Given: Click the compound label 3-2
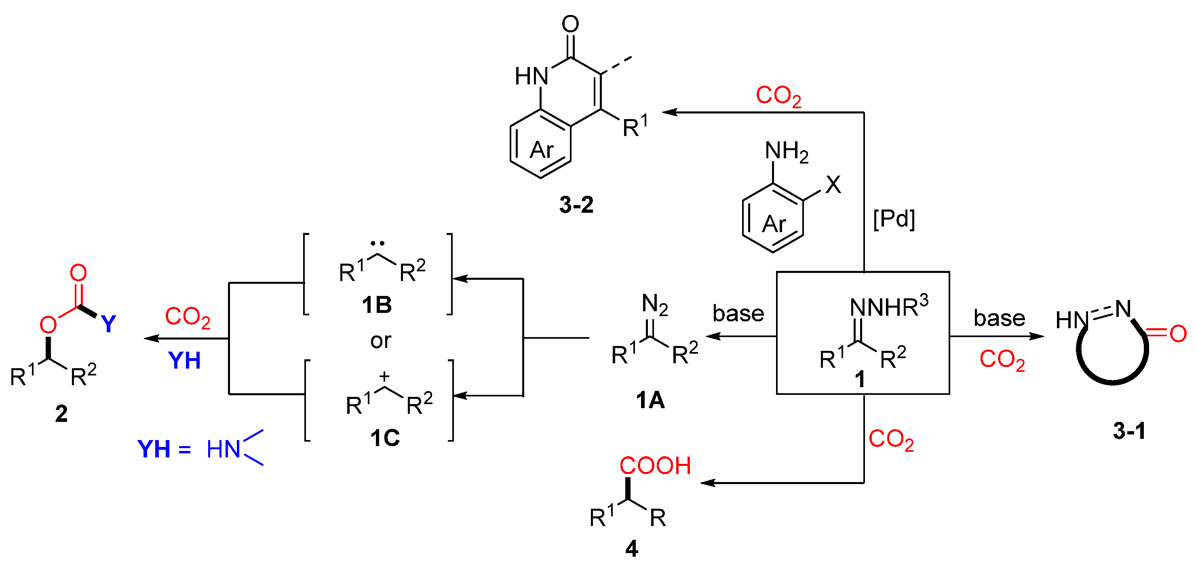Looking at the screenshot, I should (576, 205).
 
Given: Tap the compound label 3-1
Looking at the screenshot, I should (1129, 431).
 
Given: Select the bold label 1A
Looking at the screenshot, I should (650, 400).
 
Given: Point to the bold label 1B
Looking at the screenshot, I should (377, 305).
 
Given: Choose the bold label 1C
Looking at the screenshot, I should (385, 438).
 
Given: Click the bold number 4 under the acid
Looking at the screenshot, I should (632, 549).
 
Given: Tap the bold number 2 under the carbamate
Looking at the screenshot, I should (61, 413).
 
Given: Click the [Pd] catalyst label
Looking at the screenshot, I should (894, 218).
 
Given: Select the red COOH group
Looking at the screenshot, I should (655, 465).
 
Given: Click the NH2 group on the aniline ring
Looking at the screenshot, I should (787, 151).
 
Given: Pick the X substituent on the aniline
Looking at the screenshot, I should (833, 185).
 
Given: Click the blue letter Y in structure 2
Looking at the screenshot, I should (108, 324).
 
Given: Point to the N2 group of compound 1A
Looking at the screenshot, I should (655, 305).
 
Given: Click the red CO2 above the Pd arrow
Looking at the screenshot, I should (778, 96).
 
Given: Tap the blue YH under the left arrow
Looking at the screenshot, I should (184, 361).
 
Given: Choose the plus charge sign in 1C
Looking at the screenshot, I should (384, 376).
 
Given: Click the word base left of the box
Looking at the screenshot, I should (738, 314).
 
